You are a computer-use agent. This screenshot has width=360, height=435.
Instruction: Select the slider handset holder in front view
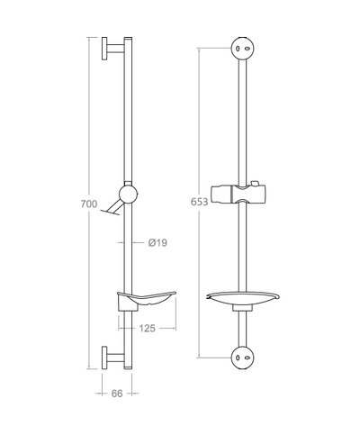click(x=240, y=195)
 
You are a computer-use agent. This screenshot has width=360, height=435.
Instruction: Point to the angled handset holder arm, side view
click(x=112, y=210)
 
